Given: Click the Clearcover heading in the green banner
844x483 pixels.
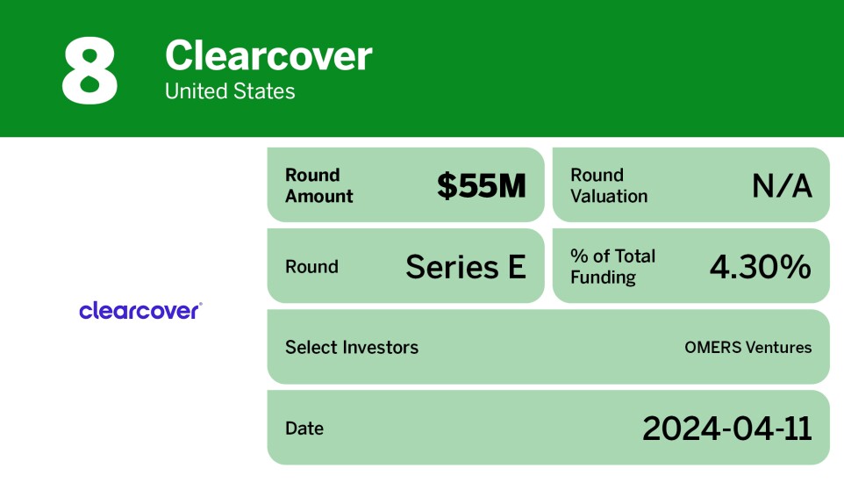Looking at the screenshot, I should click(x=268, y=56).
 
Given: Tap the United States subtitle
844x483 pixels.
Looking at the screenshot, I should click(x=230, y=91).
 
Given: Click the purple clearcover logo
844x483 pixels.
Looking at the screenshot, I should click(x=140, y=310).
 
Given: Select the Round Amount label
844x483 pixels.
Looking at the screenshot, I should click(x=318, y=185).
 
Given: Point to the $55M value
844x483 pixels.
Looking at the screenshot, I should click(x=481, y=186).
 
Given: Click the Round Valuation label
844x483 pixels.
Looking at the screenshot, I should click(x=609, y=185).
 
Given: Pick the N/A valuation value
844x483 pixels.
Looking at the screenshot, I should click(x=782, y=186).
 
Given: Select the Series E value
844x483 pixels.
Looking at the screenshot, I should click(x=465, y=267).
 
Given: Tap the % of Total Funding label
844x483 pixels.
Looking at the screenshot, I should click(x=612, y=267).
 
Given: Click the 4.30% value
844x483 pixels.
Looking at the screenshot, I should click(x=760, y=267).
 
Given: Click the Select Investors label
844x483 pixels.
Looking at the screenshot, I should click(x=351, y=347).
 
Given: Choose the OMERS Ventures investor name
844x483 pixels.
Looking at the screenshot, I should click(x=747, y=347).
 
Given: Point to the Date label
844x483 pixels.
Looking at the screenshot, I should click(x=304, y=429).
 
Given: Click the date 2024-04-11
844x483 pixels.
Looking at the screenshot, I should click(x=726, y=429).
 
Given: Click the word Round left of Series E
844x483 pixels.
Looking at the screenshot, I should click(x=311, y=267).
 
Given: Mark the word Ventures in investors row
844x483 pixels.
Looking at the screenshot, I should click(x=779, y=347).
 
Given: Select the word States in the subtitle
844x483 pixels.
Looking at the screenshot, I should click(x=266, y=91).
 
